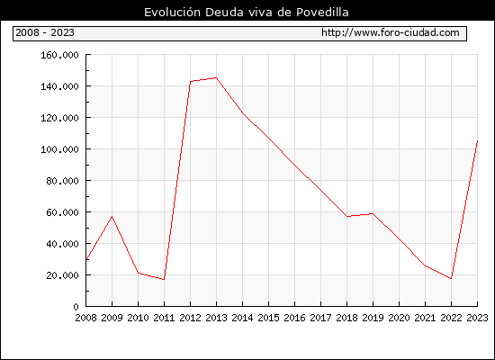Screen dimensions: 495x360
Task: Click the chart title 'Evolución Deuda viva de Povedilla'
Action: tap(247, 13)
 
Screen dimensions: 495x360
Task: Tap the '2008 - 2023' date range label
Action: tap(45, 32)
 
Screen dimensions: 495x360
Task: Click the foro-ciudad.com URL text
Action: tap(391, 32)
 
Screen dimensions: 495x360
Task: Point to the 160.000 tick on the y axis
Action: tap(59, 55)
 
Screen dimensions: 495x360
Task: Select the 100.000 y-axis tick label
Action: tap(59, 149)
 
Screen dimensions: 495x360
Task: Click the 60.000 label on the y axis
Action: tap(62, 212)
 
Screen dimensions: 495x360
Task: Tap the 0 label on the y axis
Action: tap(76, 307)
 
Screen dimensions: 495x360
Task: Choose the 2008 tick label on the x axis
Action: tap(85, 318)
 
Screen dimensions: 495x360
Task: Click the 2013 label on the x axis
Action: tap(216, 318)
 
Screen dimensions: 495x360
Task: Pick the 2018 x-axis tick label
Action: tap(346, 318)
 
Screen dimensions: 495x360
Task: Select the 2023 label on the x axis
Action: tap(477, 318)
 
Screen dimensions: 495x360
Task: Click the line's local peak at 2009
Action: tap(112, 216)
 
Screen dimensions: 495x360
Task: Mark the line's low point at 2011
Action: tap(164, 280)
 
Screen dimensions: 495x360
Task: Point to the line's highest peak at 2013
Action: tap(216, 77)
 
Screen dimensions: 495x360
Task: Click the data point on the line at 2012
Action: tap(191, 82)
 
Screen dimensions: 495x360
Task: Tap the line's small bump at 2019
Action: tap(373, 213)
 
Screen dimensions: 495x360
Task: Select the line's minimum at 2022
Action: tap(451, 278)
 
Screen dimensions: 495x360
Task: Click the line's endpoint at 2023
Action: tap(477, 140)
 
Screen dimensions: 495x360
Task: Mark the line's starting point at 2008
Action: tap(86, 259)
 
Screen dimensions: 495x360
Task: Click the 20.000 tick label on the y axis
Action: tap(62, 275)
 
